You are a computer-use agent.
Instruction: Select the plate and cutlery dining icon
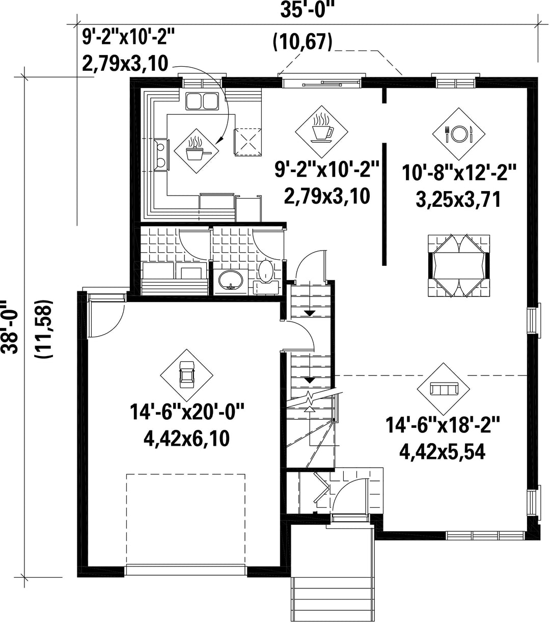459,134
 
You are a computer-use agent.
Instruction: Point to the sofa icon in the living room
444,389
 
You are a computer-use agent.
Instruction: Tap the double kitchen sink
202,100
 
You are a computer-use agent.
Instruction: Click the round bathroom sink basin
231,280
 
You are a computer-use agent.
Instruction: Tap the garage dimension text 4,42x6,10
186,439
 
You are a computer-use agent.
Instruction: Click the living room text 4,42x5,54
442,452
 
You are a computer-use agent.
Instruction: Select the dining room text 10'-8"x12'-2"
459,172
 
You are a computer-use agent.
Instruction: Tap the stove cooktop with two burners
162,154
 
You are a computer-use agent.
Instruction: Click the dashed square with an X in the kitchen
249,142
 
